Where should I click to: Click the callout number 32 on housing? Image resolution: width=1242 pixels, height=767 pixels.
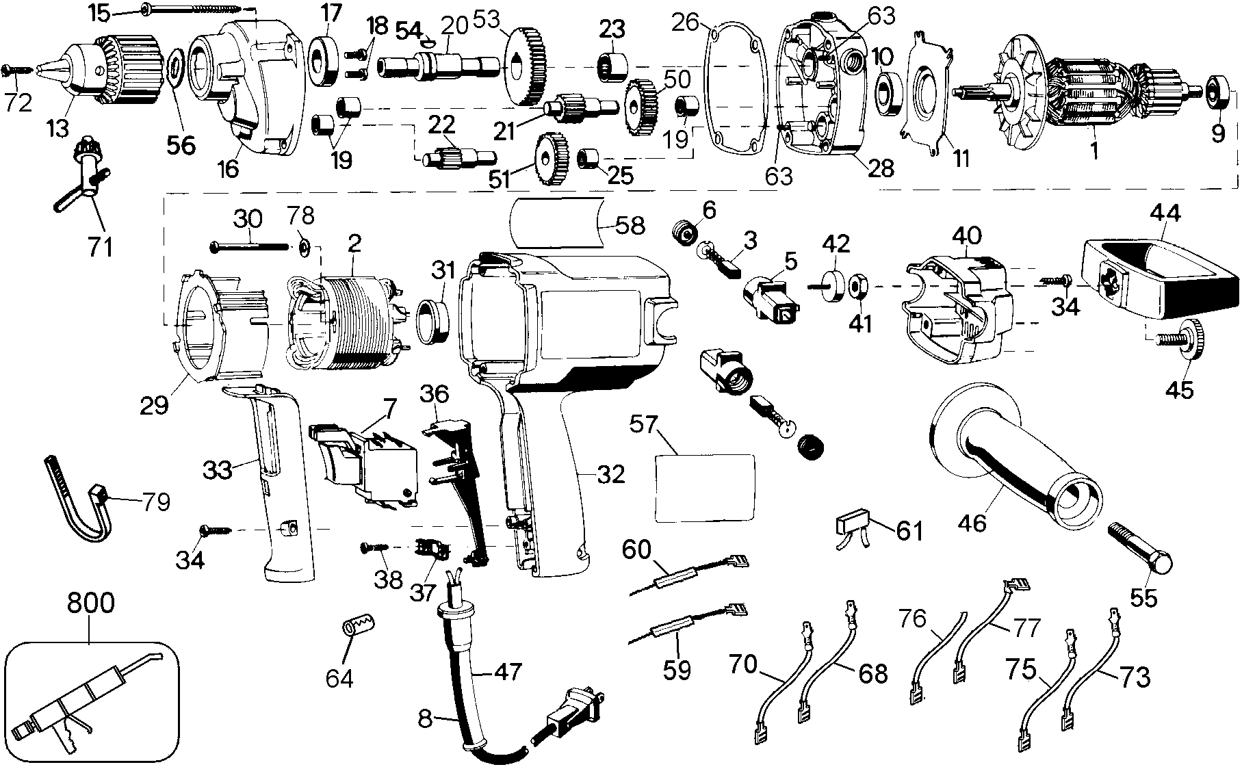click(x=610, y=473)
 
